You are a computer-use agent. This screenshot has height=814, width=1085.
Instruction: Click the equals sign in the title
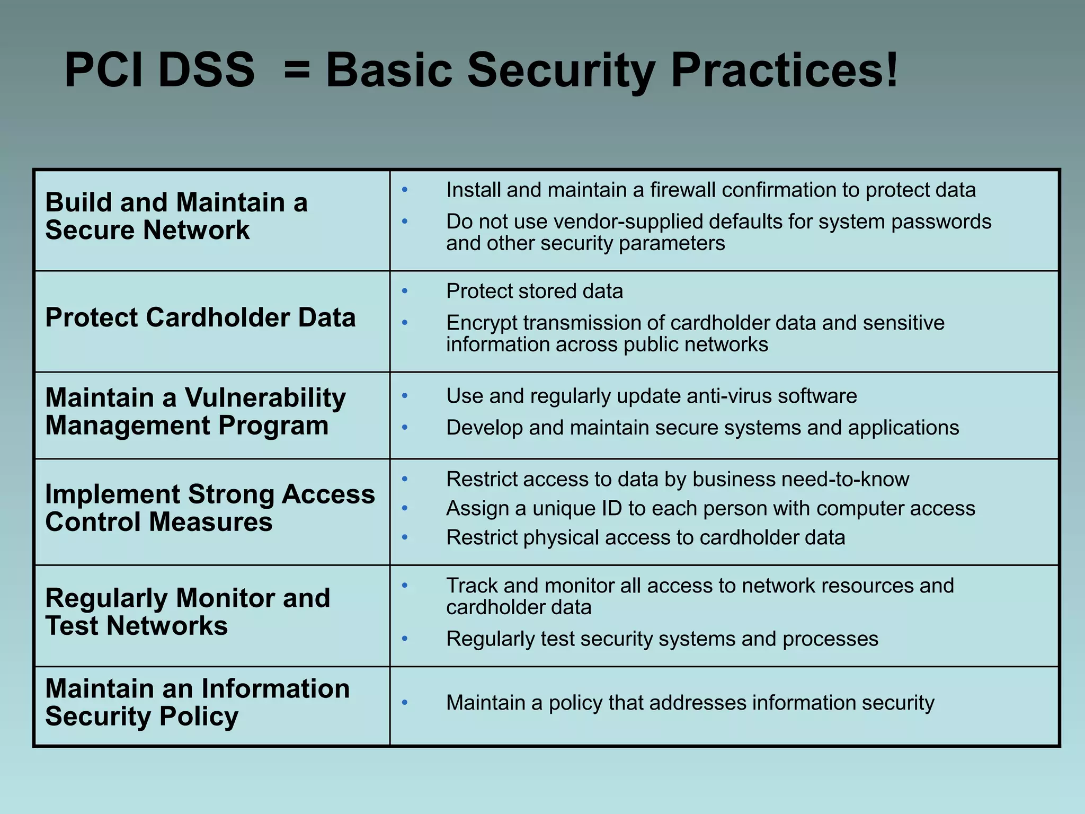point(297,70)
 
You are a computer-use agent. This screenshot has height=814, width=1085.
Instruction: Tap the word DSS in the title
point(207,70)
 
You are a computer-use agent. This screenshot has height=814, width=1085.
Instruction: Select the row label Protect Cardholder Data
point(200,318)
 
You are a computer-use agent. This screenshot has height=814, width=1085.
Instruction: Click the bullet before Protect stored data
point(405,291)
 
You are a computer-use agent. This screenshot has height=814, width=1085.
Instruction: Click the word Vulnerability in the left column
point(265,397)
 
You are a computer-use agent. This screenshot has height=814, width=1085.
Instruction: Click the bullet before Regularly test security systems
point(405,639)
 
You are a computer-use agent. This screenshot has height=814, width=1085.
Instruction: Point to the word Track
point(472,586)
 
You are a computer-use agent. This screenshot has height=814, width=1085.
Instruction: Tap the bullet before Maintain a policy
point(405,703)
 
